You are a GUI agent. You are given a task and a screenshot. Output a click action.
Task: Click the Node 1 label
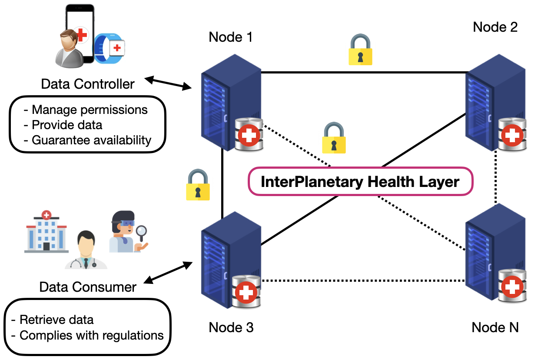231,37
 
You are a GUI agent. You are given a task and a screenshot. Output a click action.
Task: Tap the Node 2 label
495,27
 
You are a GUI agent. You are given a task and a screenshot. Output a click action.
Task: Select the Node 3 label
231,327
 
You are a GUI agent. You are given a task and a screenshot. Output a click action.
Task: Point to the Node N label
495,327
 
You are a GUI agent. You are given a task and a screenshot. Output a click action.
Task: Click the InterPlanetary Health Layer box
360,181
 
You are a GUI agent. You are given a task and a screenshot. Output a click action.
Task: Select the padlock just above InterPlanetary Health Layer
334,138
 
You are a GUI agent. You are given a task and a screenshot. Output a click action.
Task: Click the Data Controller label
88,83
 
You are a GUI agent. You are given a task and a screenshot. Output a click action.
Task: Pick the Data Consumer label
88,287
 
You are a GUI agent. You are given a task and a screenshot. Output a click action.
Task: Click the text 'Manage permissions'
90,110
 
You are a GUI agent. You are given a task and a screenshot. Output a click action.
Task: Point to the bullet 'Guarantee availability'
91,140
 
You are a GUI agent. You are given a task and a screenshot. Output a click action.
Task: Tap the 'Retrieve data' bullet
56,320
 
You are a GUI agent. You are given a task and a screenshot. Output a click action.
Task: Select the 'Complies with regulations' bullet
92,336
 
